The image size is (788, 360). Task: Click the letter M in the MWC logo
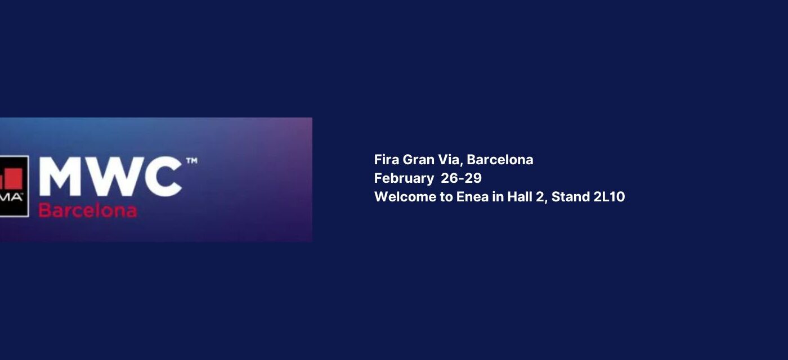[60, 177]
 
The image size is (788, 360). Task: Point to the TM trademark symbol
[192, 161]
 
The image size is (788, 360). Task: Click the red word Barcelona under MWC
[88, 210]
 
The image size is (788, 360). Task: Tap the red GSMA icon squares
[11, 179]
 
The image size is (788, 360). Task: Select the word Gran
[418, 160]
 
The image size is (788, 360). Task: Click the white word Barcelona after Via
[500, 160]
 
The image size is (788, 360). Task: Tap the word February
[404, 179]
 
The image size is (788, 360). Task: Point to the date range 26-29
[461, 178]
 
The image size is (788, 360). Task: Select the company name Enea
[472, 197]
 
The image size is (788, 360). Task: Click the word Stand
[571, 197]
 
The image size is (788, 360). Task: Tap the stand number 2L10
[609, 197]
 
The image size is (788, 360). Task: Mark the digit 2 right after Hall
[540, 197]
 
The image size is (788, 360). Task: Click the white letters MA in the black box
[11, 197]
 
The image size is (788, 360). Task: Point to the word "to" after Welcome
[446, 197]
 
